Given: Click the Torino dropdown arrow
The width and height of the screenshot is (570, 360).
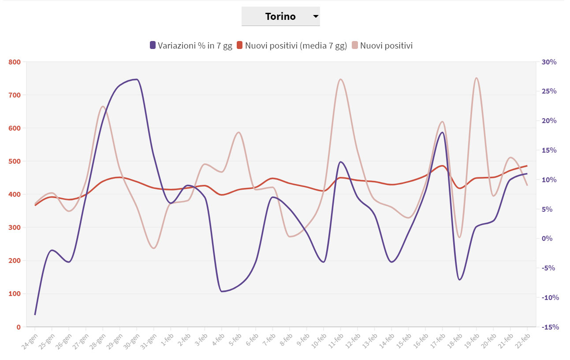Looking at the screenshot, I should click(x=315, y=17).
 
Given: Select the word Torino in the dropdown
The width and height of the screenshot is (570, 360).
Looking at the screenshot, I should click(x=280, y=17).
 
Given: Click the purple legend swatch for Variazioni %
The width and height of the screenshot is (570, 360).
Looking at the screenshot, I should click(x=153, y=45).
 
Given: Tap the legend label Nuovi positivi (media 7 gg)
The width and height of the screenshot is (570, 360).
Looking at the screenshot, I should click(x=296, y=45).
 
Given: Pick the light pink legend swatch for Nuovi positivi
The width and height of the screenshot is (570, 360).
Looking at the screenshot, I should click(x=355, y=45).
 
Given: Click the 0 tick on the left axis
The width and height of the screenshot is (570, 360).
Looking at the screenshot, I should click(x=18, y=327).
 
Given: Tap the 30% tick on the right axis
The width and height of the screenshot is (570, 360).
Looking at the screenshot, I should click(x=549, y=62).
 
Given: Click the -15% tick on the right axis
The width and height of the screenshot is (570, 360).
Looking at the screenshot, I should click(x=549, y=327).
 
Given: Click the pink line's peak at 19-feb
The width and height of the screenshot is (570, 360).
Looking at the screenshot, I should click(x=477, y=78).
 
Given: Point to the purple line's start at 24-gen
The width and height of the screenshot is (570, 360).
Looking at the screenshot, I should click(x=35, y=315).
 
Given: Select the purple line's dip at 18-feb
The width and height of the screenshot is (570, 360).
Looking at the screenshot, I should click(x=459, y=280).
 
